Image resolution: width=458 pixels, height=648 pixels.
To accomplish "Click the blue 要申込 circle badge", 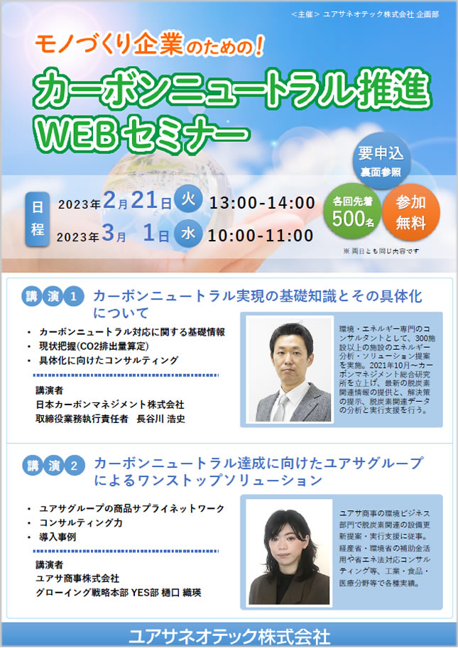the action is point(381,161).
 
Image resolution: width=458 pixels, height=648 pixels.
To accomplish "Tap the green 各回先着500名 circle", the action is point(353,212).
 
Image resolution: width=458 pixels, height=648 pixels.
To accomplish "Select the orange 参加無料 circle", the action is point(410,212).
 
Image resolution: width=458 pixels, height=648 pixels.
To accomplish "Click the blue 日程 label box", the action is point(37,219).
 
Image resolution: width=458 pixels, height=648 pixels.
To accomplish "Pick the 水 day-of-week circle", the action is point(188,234).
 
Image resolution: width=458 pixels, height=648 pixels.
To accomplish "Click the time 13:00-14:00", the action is point(262,203).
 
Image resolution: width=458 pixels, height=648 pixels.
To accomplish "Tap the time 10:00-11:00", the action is point(261,236).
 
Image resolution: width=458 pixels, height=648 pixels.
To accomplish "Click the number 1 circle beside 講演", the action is point(73,296).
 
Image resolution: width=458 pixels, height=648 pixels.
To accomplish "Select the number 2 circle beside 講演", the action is point(74,466).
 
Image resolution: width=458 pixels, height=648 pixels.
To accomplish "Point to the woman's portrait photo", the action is point(289,552).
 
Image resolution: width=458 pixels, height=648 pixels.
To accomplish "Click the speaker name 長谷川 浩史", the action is point(160,419).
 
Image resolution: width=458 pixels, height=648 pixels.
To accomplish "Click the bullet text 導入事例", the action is point(58,537).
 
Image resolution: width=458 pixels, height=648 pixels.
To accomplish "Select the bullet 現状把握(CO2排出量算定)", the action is point(94,346).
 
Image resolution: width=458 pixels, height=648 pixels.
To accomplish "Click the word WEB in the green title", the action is point(77,135).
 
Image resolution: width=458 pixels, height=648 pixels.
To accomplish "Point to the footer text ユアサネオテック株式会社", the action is point(229,637).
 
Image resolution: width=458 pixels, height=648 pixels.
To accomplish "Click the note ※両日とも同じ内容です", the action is point(381,251).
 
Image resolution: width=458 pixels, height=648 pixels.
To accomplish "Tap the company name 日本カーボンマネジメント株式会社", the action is point(110,404).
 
